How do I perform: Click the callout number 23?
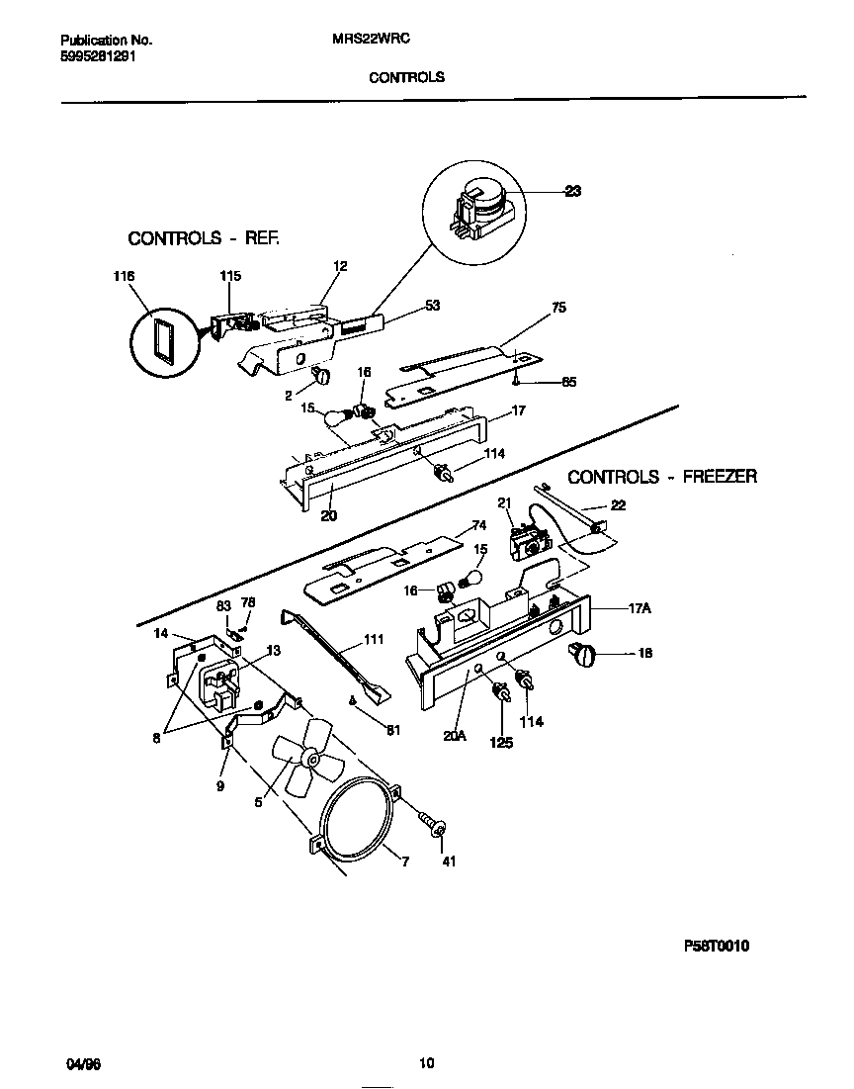572,193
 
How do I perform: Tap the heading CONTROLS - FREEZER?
662,477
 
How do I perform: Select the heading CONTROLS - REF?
205,238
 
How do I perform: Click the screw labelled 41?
431,823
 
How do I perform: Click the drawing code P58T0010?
716,946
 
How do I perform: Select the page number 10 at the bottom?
426,1064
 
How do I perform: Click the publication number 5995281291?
98,56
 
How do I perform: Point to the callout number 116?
124,276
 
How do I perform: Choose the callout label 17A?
638,609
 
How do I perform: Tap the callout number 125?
501,742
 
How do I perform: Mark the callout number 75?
558,309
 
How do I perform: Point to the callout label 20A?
455,735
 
